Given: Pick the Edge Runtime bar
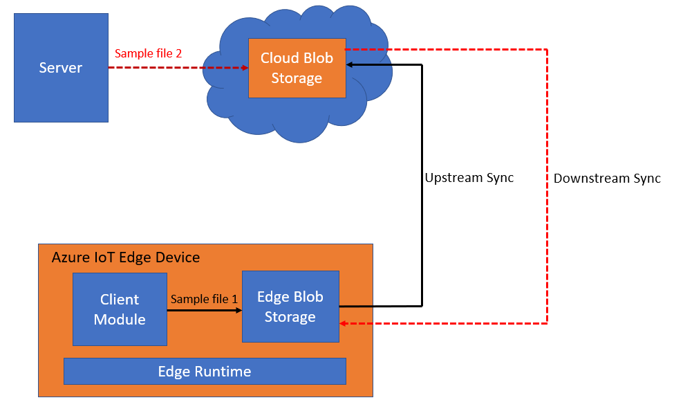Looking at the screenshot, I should point(205,371).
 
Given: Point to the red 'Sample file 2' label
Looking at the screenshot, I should point(148,53).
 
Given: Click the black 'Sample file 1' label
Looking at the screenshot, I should point(204,299).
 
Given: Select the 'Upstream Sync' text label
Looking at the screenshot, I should point(469,178).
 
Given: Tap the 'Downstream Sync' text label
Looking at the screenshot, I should point(607,178).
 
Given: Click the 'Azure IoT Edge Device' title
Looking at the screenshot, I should point(126,257).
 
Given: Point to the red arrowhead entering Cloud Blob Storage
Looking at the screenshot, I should point(244,68).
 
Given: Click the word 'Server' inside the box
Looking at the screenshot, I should point(61,68).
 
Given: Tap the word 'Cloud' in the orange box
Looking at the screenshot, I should point(278,58).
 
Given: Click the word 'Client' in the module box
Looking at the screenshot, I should point(120,300).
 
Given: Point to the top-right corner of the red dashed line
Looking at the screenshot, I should point(547,49).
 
